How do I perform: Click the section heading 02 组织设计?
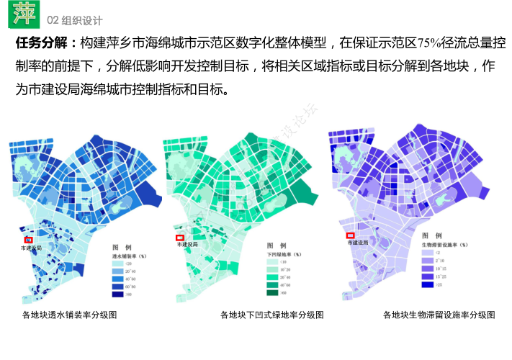click(75, 19)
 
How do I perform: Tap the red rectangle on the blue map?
click(29, 240)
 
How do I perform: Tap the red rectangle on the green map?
click(180, 237)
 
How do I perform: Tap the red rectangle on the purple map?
click(351, 235)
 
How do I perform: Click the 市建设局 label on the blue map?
click(31, 248)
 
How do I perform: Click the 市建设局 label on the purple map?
click(358, 243)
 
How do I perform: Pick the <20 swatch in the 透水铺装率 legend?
click(117, 264)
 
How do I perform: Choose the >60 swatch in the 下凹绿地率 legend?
click(274, 293)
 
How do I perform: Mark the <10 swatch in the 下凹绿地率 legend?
click(274, 262)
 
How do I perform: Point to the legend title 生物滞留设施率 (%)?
click(444, 245)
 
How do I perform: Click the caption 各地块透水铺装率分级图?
click(69, 315)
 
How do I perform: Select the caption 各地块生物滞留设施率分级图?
click(439, 315)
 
